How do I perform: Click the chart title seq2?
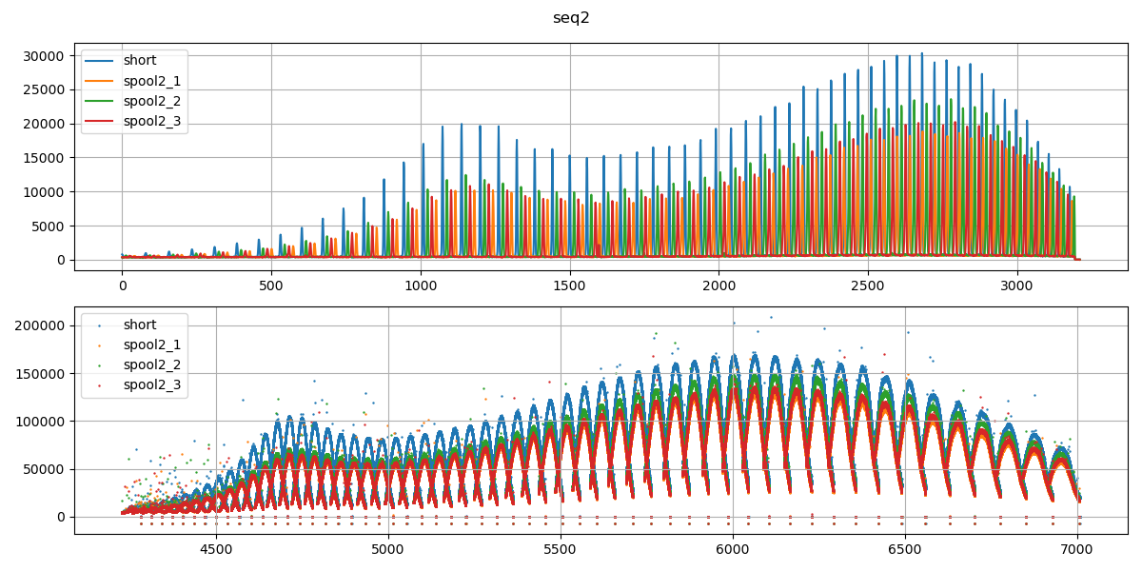571,18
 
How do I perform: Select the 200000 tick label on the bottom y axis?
40,325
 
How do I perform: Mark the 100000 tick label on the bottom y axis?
40,422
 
